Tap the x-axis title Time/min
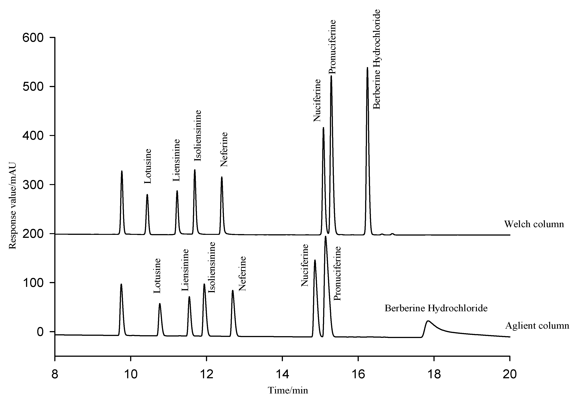click(288, 390)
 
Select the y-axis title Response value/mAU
click(13, 206)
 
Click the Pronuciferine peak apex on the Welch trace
click(331, 76)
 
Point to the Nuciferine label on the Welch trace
click(317, 100)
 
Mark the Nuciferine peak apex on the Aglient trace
click(315, 260)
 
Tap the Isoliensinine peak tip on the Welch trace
click(195, 170)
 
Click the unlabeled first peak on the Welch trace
click(122, 171)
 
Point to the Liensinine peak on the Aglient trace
click(189, 297)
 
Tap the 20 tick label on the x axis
click(509, 374)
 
